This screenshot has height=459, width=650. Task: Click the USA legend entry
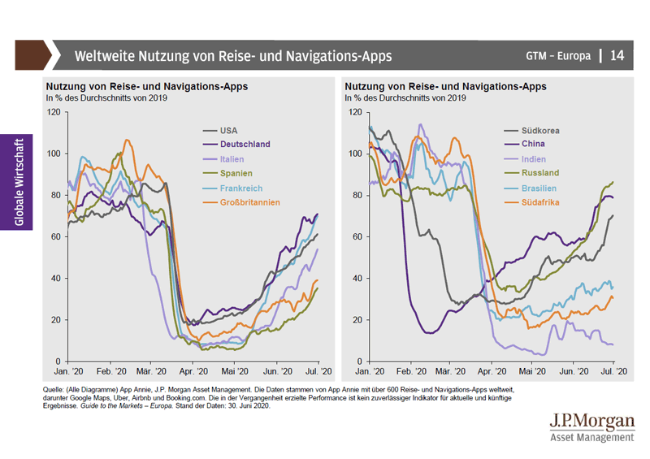tap(230, 130)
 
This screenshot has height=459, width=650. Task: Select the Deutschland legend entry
tap(245, 145)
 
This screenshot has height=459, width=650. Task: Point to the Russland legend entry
tap(542, 174)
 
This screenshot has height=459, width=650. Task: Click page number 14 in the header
tap(617, 56)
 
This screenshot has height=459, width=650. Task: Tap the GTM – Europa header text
tap(558, 56)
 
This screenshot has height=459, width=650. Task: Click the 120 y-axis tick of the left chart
tap(54, 111)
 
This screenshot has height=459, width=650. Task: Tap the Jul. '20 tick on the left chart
tap(318, 371)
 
